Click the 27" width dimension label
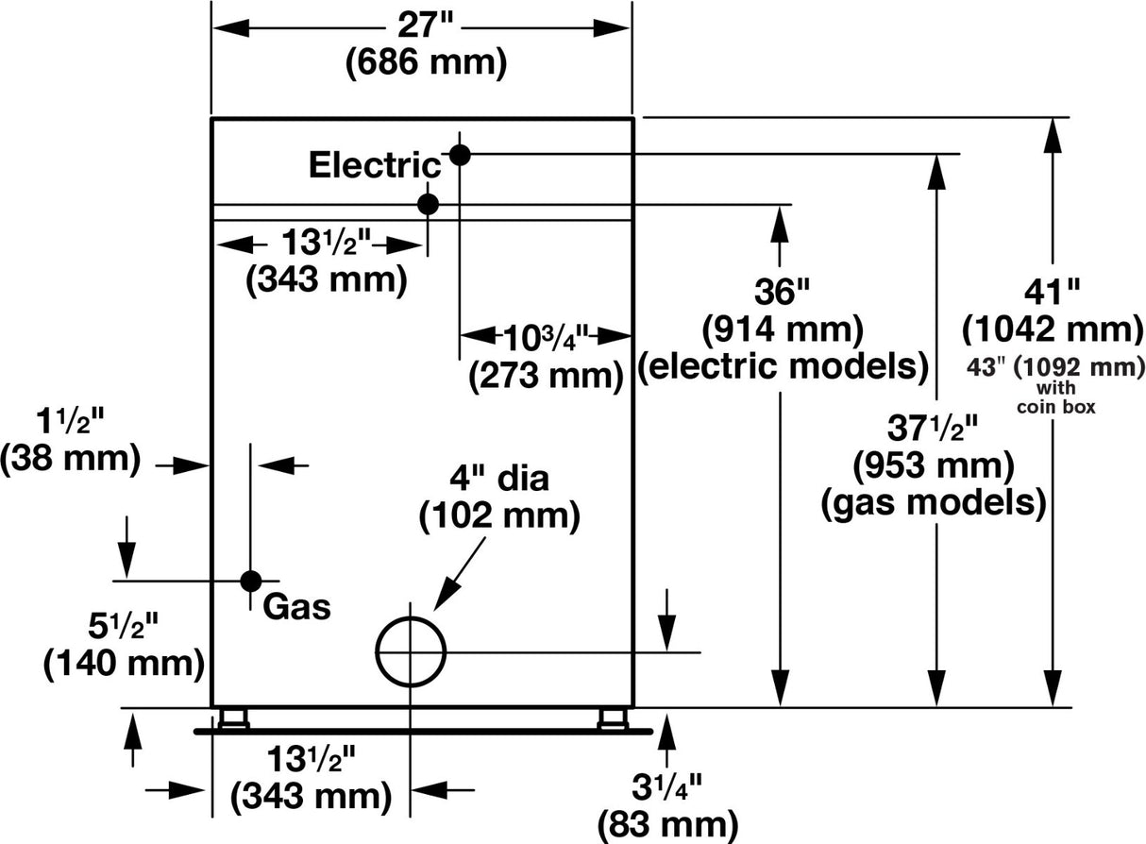coord(421,24)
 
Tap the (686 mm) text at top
coord(427,64)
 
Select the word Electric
coord(375,165)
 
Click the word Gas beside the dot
coord(296,605)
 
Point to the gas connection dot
coord(250,581)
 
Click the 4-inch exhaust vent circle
coord(411,651)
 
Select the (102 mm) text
coord(499,515)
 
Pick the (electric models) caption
coord(783,366)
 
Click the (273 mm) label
coord(547,376)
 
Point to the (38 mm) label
coord(70,459)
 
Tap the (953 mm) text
coord(934,464)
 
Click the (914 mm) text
coord(783,329)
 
